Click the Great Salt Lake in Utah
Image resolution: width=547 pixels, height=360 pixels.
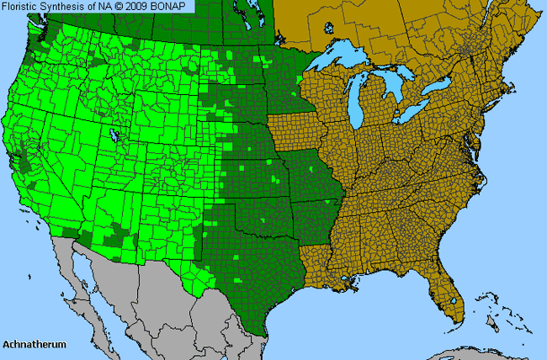(x=113, y=135)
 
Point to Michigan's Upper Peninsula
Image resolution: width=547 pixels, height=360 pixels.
(x=353, y=73)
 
